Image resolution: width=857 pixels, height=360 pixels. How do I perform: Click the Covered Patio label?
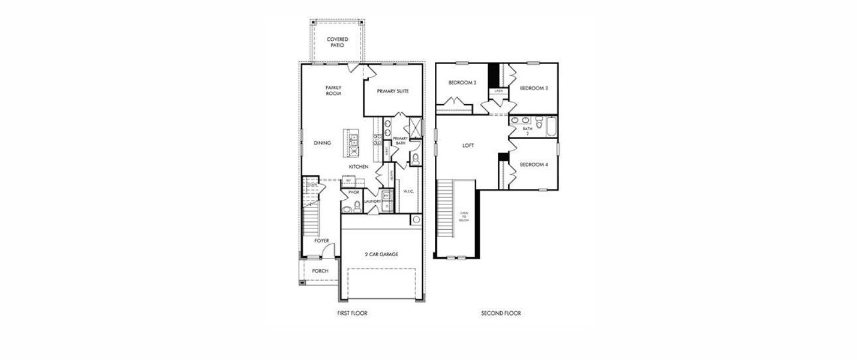(x=337, y=42)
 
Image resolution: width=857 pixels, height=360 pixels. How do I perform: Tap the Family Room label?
(x=333, y=91)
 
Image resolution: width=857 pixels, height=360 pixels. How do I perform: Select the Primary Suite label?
(x=393, y=91)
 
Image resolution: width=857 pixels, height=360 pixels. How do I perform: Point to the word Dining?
(x=323, y=143)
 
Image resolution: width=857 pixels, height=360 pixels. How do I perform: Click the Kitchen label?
(x=359, y=166)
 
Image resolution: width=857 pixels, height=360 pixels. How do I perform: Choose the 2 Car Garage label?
(x=382, y=254)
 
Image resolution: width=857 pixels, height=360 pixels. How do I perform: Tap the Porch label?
(x=320, y=271)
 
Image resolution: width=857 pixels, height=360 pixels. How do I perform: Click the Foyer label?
(x=322, y=241)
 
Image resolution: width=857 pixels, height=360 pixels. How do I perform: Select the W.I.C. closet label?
(x=409, y=191)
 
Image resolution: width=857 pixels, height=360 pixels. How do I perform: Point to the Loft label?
(x=468, y=145)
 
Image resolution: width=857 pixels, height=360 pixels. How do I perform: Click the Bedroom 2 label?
(x=462, y=83)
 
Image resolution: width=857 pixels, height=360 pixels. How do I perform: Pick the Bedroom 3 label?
(x=533, y=88)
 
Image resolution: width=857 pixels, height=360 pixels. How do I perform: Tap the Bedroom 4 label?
(x=533, y=164)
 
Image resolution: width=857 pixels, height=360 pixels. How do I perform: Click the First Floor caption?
(x=352, y=313)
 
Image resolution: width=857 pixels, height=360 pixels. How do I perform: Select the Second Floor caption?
(x=501, y=313)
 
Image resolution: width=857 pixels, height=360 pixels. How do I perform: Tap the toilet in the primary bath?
(x=415, y=159)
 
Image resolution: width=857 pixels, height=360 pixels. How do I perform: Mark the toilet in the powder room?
(x=356, y=207)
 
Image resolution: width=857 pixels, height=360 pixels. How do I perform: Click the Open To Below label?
(x=464, y=216)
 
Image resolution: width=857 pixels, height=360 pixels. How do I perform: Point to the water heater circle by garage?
(x=416, y=220)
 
